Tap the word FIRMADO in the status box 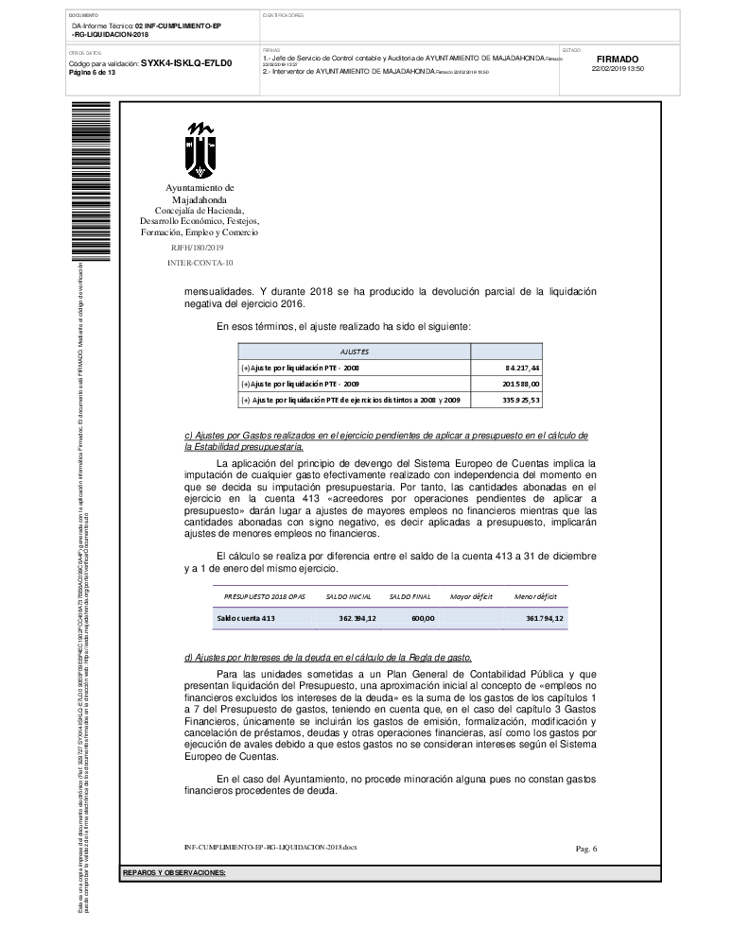618,59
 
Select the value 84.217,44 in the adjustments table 522,367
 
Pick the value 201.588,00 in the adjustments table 520,384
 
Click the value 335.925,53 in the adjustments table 519,401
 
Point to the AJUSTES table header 355,351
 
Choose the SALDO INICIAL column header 349,597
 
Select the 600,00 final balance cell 422,618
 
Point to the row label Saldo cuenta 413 246,618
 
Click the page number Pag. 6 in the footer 586,849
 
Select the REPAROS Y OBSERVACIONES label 174,872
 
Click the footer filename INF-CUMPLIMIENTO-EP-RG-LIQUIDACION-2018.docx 270,847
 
